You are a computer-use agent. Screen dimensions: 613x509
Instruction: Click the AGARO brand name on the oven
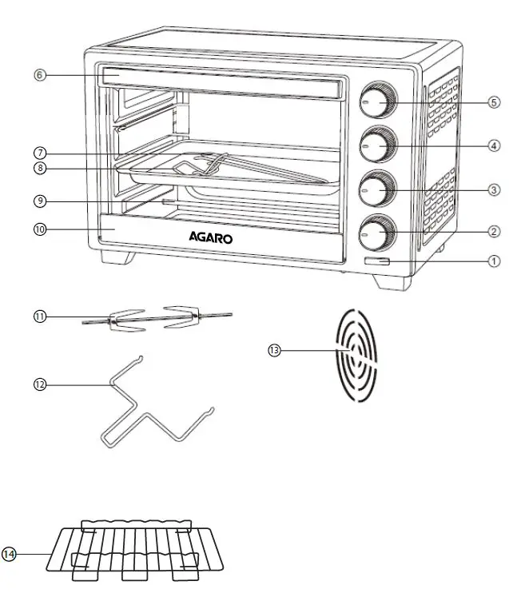[211, 237]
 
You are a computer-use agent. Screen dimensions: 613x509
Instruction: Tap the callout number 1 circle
[494, 261]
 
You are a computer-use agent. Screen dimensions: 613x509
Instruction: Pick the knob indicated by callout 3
[376, 189]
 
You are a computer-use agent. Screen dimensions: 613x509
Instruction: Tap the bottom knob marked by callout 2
[375, 232]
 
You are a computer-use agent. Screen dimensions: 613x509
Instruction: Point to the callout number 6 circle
[39, 75]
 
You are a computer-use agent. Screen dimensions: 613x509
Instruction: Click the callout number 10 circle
[39, 229]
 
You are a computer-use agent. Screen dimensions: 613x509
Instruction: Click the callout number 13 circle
[274, 349]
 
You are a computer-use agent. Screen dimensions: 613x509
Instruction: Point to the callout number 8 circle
[39, 169]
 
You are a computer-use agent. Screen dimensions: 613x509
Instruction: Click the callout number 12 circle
[39, 384]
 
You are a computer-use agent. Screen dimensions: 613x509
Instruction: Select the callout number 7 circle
[39, 152]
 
